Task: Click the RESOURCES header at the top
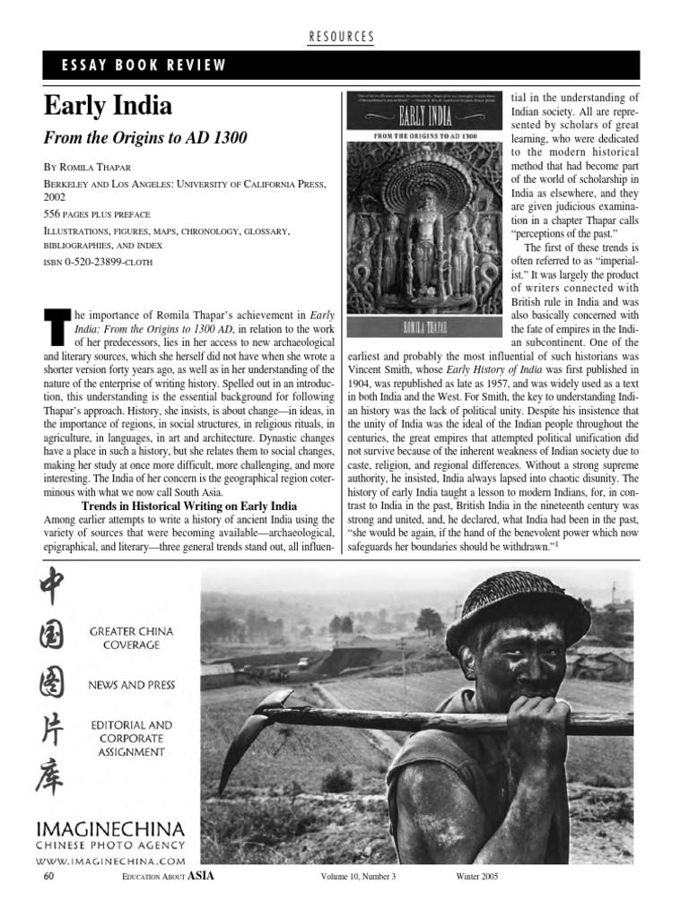pyautogui.click(x=341, y=36)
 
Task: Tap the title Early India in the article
pyautogui.click(x=108, y=107)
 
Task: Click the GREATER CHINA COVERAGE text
pyautogui.click(x=131, y=637)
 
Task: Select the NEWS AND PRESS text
pyautogui.click(x=131, y=685)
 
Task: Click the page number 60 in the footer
pyautogui.click(x=48, y=876)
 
